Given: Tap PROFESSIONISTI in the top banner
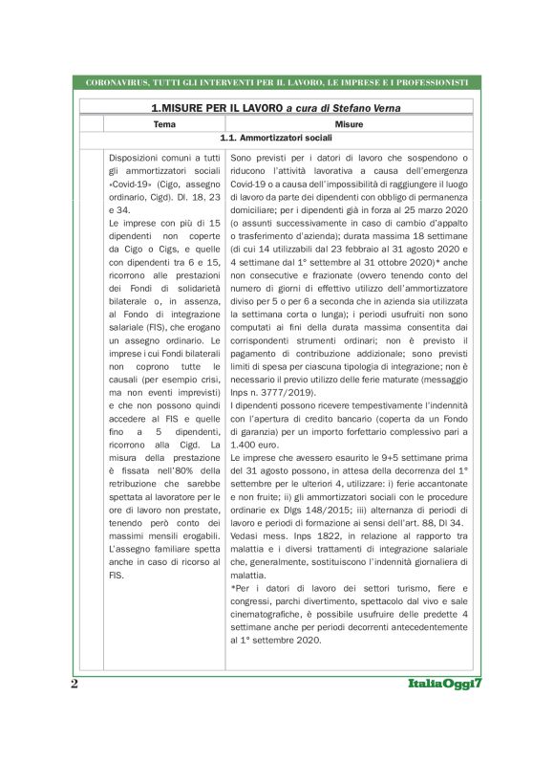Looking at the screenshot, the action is pos(430,82).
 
